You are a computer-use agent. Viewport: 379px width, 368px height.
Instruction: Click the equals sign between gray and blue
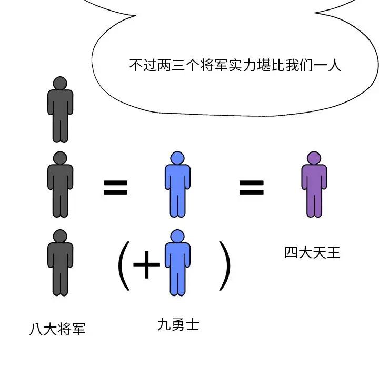pos(115,188)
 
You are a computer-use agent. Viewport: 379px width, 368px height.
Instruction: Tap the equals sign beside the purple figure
pos(252,188)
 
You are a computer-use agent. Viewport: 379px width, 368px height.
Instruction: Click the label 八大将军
pos(57,330)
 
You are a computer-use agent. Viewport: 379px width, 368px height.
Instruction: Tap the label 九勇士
pos(178,324)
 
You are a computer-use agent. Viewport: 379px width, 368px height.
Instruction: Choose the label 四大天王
pos(313,253)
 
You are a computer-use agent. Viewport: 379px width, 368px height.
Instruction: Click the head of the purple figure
pos(314,158)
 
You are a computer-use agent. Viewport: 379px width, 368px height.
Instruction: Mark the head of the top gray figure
pos(60,83)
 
